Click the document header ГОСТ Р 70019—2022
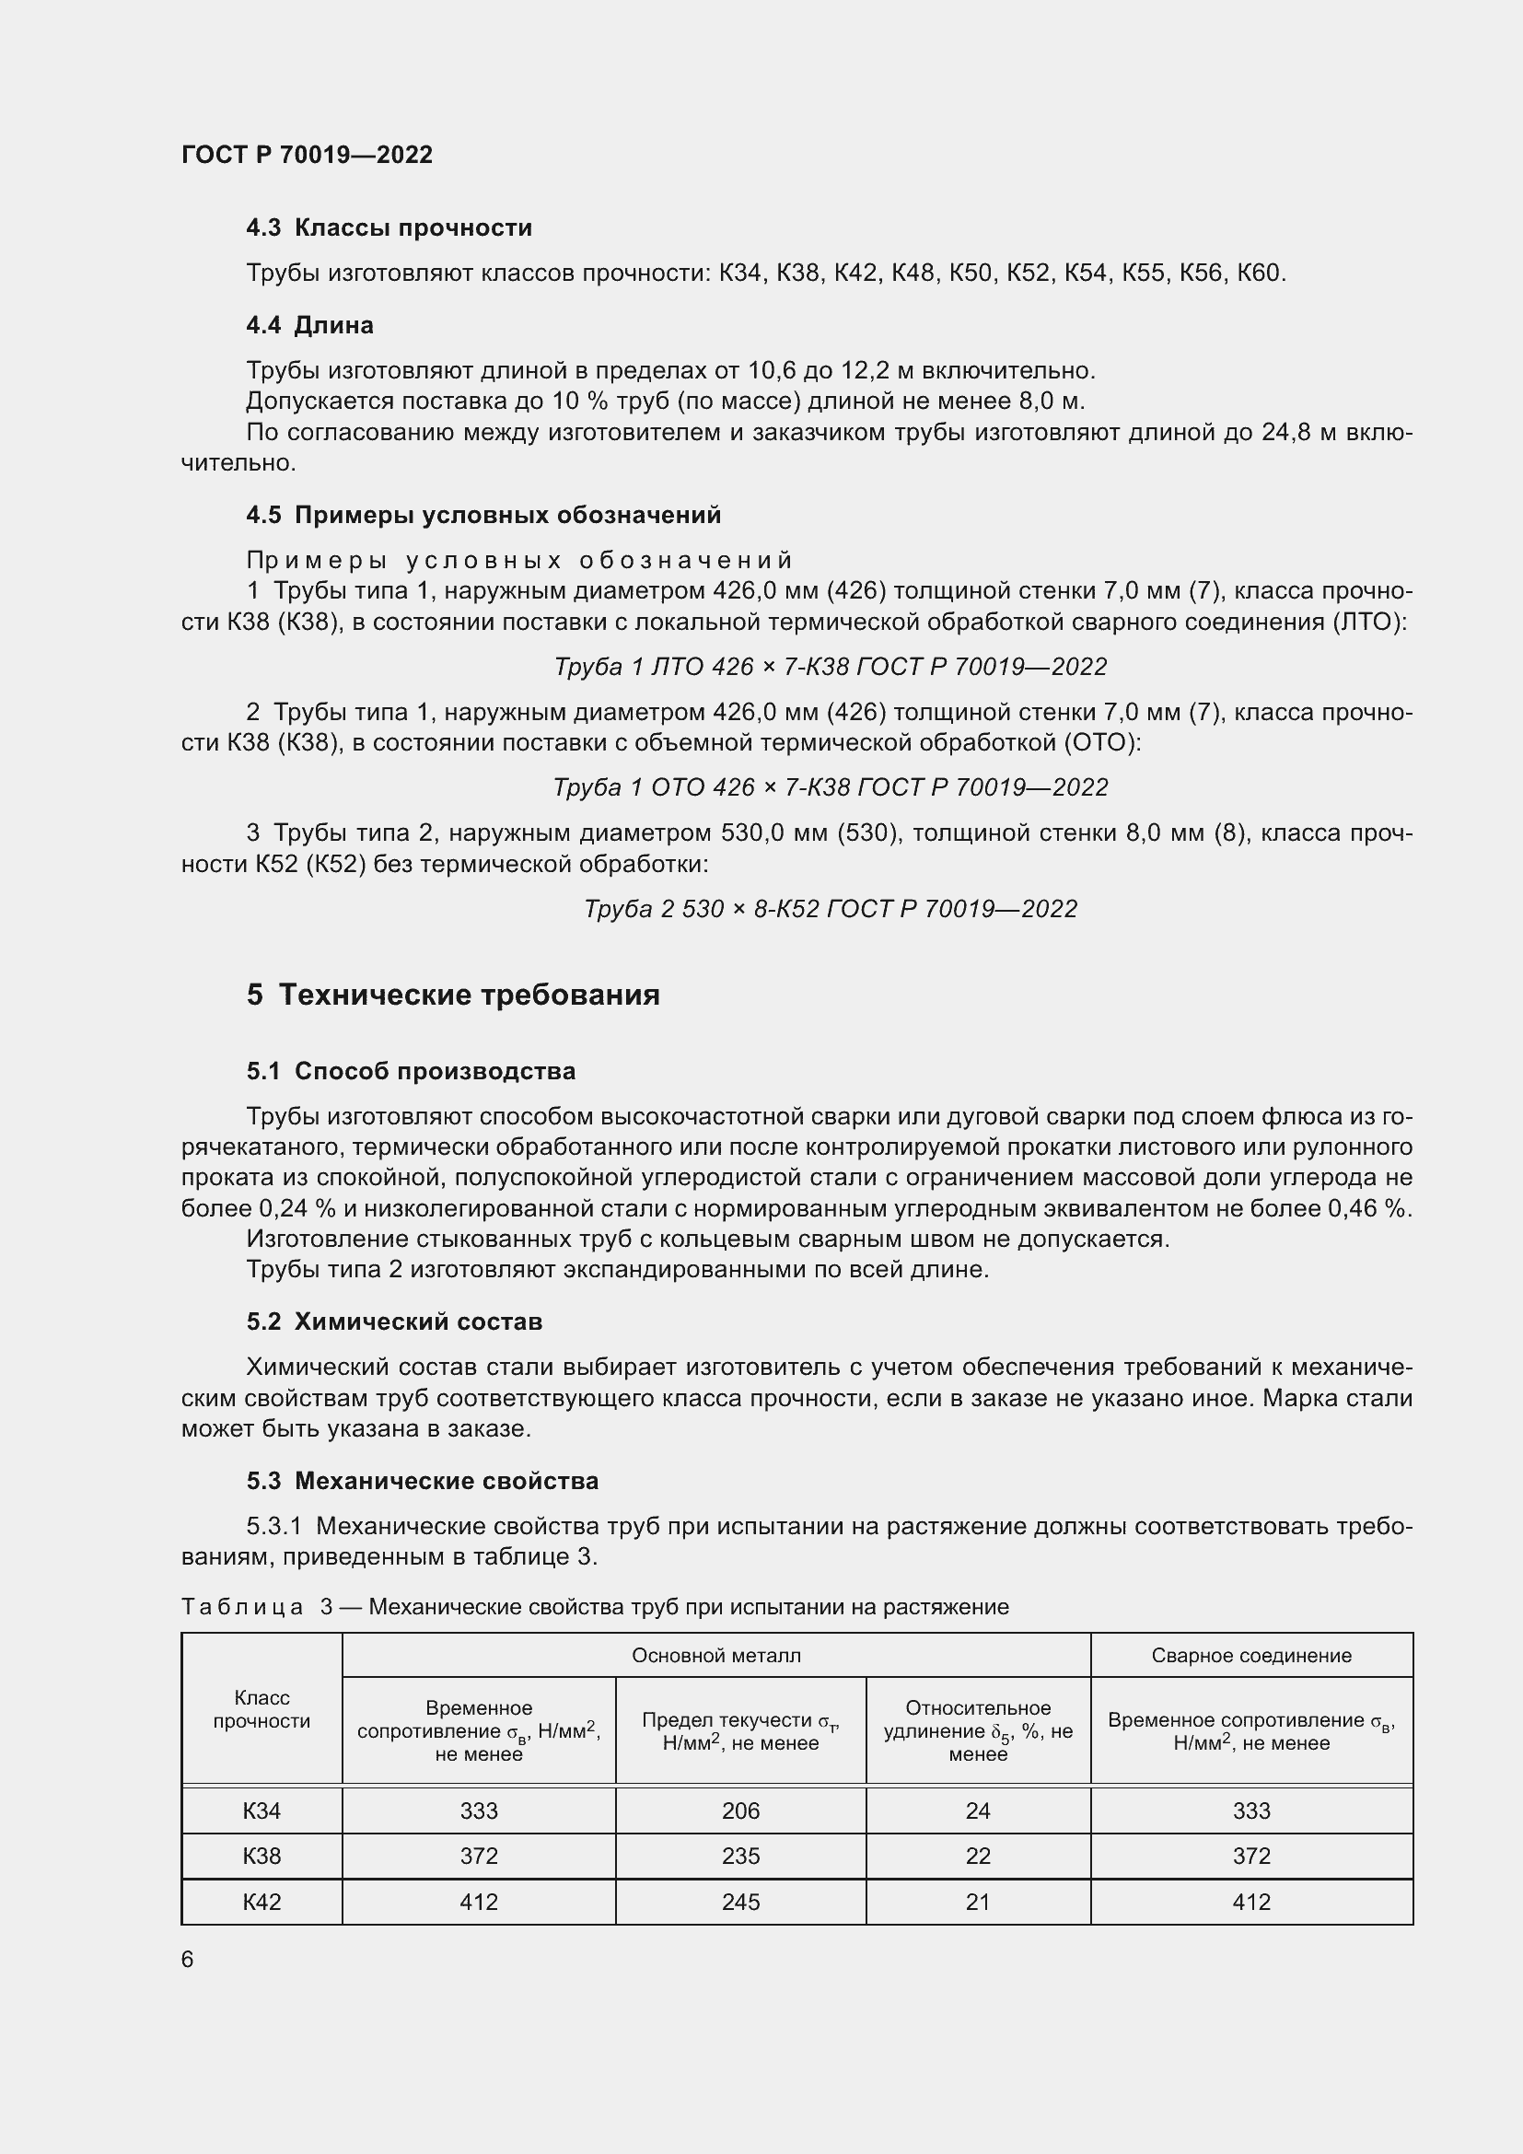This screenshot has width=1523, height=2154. pos(307,155)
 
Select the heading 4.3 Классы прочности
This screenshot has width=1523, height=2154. pos(389,228)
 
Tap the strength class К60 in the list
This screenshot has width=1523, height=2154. pos(1259,274)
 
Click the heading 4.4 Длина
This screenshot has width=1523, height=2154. pos(309,325)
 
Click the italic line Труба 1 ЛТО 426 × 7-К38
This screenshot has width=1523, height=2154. pos(830,667)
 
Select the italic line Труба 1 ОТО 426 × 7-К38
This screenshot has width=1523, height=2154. pos(830,787)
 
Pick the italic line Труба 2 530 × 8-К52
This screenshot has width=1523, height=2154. pos(830,909)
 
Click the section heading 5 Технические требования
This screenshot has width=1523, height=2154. pos(453,995)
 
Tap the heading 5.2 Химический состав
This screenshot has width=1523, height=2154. pos(394,1322)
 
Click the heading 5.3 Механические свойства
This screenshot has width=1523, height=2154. pos(422,1482)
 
